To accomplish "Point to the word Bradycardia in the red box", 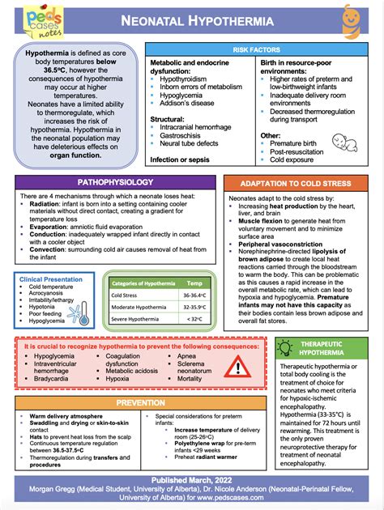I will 51,378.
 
